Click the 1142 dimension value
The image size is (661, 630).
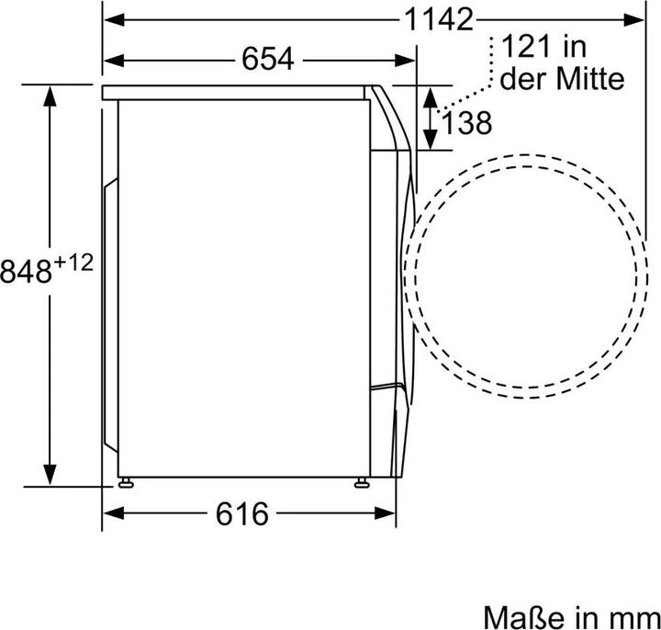coord(439,20)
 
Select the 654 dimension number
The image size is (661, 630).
coord(268,60)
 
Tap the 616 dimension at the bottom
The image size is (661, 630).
coord(241,513)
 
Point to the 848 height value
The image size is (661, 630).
coord(26,271)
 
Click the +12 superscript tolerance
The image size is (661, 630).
coord(73,264)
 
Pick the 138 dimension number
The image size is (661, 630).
coord(466,123)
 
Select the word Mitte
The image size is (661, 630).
coord(590,78)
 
